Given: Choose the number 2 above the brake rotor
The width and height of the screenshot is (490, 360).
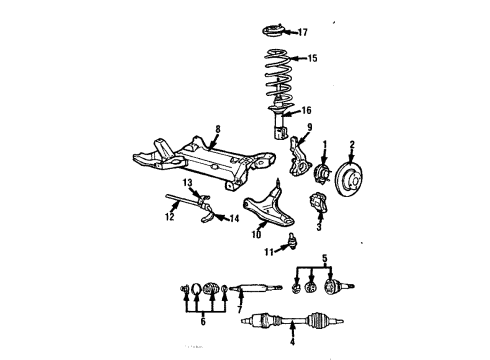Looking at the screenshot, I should coord(352,144).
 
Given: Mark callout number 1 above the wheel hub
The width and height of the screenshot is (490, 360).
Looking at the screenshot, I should coord(326,150).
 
